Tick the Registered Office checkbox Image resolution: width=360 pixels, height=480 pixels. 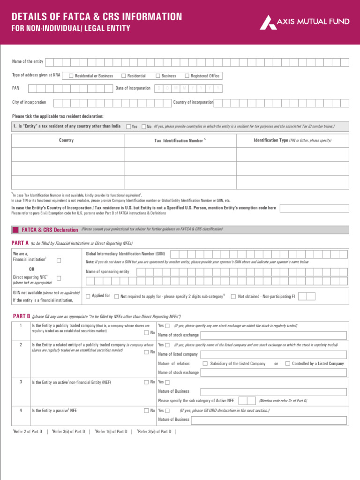[187, 76]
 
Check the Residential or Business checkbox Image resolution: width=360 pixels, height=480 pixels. [71, 76]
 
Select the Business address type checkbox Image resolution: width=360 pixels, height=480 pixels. [158, 76]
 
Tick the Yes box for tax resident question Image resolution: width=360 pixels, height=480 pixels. [128, 127]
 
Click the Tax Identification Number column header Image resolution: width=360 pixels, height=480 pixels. [179, 141]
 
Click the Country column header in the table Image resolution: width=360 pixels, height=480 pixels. [66, 140]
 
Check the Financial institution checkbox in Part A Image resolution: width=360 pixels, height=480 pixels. [59, 260]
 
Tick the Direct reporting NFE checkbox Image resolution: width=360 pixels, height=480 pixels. [59, 278]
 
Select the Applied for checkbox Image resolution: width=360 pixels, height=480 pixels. [88, 296]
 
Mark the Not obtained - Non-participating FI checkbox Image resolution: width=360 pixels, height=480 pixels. [233, 296]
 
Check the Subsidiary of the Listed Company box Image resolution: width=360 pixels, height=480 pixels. [205, 363]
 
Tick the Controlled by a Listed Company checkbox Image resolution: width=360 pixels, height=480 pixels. [287, 363]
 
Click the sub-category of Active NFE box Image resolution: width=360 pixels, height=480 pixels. [243, 400]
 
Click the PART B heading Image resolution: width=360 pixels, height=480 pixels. [21, 316]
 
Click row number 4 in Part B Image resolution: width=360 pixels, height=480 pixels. [20, 410]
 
